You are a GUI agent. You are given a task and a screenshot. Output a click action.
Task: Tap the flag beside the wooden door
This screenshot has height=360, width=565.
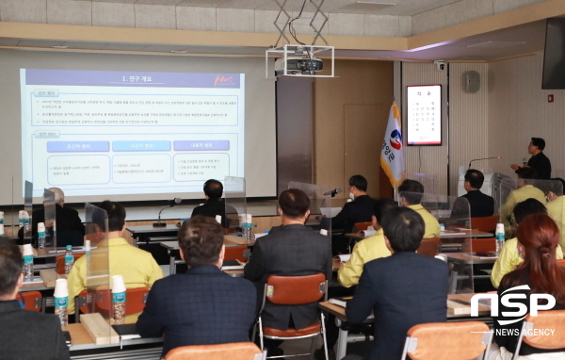(x=393, y=147)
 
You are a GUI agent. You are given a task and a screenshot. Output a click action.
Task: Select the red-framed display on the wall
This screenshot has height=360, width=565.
(x=424, y=115)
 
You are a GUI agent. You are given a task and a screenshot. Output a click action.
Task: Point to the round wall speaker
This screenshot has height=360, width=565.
(x=472, y=81)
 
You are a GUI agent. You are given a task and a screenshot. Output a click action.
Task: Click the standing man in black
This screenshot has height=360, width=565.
(x=536, y=160)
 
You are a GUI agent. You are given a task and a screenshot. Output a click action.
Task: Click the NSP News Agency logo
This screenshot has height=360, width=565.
(x=512, y=310)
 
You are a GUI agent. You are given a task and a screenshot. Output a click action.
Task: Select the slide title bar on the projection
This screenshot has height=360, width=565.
(x=132, y=79)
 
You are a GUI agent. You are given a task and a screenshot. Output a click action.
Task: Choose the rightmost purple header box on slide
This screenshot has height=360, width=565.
(x=201, y=146)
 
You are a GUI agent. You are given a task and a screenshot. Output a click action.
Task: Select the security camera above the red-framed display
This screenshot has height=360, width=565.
(x=440, y=66)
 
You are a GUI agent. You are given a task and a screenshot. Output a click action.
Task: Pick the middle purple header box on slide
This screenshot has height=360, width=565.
(x=141, y=146)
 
